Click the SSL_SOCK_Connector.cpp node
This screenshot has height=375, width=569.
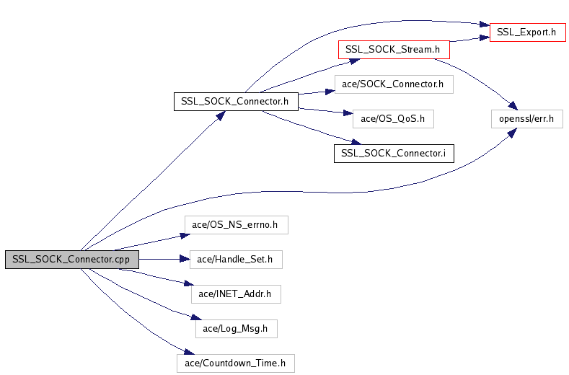[72, 260]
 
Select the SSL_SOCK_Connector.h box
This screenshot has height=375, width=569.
[236, 102]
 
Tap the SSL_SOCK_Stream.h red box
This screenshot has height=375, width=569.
[394, 50]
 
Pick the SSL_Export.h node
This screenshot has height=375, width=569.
[528, 32]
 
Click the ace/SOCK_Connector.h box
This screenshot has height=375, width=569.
[394, 84]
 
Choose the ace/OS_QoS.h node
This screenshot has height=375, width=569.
[393, 119]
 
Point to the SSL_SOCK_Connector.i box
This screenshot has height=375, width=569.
[394, 154]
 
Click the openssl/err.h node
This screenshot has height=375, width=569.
[527, 119]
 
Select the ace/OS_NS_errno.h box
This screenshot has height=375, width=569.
[237, 225]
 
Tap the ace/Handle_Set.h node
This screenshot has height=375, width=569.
[236, 260]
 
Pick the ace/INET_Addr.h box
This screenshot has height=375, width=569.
[236, 294]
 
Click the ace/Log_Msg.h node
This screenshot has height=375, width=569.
[237, 329]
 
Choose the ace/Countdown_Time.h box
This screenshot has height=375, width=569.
[236, 363]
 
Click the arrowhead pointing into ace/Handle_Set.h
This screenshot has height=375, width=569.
[185, 259]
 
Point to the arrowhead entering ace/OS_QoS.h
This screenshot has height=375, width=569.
[348, 113]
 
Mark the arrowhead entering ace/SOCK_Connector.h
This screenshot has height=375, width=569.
[330, 92]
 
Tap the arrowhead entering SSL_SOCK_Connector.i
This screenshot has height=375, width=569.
[356, 141]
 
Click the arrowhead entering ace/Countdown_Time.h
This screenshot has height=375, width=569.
[190, 352]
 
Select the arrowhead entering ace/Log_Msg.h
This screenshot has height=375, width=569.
[196, 317]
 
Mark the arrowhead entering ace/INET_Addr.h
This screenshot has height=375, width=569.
[189, 283]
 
